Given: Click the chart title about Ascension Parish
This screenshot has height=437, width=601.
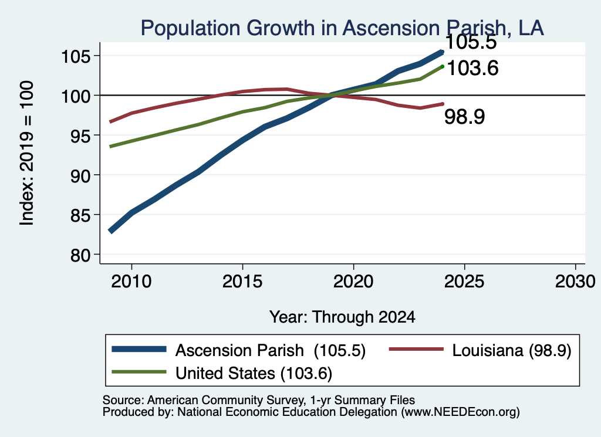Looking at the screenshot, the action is (342, 28).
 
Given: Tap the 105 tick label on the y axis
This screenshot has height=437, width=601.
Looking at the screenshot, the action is (76, 57).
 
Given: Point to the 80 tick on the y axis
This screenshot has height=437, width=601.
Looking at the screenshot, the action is (80, 255).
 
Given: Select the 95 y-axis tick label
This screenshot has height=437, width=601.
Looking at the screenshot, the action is (80, 136).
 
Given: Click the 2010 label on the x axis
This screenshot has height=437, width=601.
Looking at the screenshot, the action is (131, 282).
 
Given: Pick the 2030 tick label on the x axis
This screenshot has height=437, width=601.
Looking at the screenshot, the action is (575, 282).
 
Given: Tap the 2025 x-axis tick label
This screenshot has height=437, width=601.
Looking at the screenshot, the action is (464, 282).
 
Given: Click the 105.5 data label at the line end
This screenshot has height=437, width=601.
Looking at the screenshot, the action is (471, 42).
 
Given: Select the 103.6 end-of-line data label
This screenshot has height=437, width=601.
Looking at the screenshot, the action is (472, 68).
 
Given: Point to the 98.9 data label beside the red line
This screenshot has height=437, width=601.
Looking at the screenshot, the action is (465, 116).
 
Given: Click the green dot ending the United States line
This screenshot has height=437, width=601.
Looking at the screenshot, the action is (443, 67).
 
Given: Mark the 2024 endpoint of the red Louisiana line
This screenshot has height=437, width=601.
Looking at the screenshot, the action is (443, 104).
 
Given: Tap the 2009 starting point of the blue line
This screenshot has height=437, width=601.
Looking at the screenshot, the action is (111, 231).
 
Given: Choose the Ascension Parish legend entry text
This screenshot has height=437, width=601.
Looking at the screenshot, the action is (270, 350).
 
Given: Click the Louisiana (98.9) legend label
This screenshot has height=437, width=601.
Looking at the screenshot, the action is (512, 350).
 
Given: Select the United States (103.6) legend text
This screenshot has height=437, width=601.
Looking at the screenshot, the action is (254, 374).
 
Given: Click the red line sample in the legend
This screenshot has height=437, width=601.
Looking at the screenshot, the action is (416, 349).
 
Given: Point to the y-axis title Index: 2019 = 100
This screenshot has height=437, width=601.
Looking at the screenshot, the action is (27, 153).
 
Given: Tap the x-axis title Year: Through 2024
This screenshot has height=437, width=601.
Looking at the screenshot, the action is (342, 317).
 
